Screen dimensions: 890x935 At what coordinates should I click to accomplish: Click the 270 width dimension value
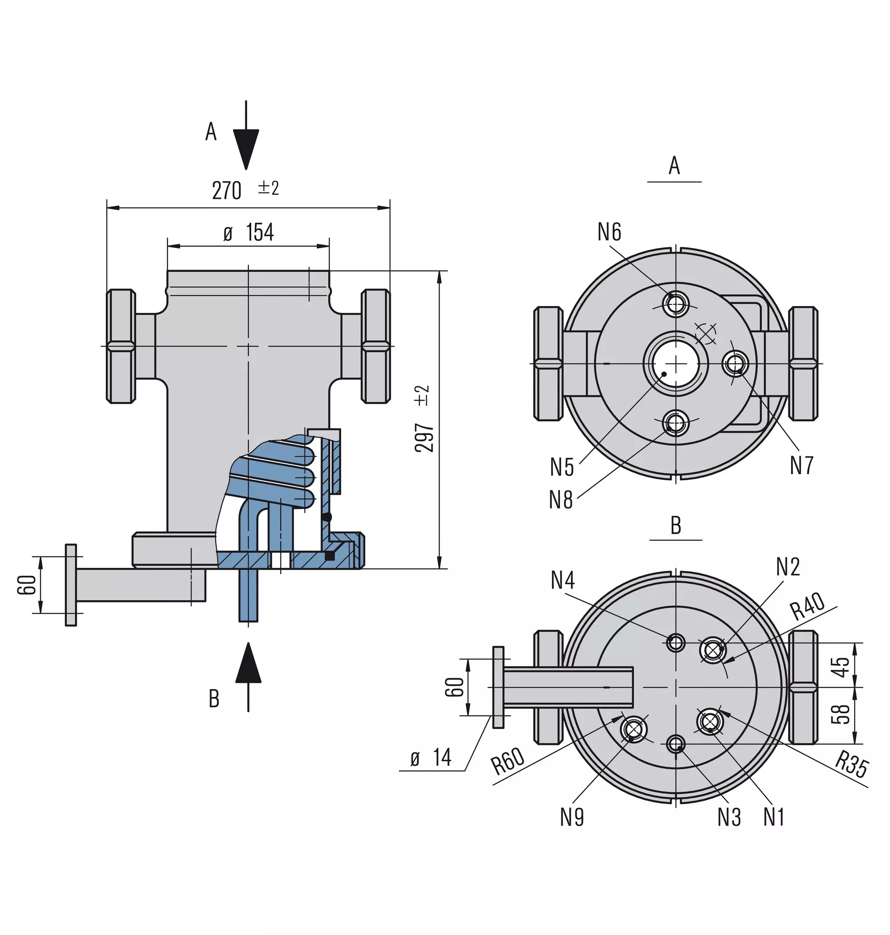pyautogui.click(x=227, y=191)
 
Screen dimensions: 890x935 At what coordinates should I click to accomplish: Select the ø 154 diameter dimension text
pyautogui.click(x=248, y=233)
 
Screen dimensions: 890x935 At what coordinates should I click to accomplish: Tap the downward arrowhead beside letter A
pyautogui.click(x=246, y=149)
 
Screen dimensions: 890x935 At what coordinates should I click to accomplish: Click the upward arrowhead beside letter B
pyautogui.click(x=248, y=663)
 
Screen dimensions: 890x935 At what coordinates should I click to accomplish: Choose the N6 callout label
pyautogui.click(x=609, y=232)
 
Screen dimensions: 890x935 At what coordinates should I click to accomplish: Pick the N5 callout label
pyautogui.click(x=562, y=467)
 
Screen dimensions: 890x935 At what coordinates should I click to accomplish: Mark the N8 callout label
pyautogui.click(x=561, y=500)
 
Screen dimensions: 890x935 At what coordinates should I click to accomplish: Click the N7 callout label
pyautogui.click(x=802, y=465)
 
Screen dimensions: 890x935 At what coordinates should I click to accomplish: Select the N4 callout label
pyautogui.click(x=563, y=580)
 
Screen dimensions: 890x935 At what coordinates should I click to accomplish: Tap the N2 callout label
pyautogui.click(x=788, y=566)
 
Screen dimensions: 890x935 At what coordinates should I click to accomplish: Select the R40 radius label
pyautogui.click(x=807, y=607)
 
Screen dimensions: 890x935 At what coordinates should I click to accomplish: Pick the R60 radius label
pyautogui.click(x=507, y=761)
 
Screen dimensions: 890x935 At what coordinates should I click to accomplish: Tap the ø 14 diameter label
pyautogui.click(x=431, y=758)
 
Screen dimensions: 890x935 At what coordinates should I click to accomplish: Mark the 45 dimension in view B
pyautogui.click(x=840, y=667)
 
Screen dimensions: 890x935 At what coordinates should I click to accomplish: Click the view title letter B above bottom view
pyautogui.click(x=676, y=525)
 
